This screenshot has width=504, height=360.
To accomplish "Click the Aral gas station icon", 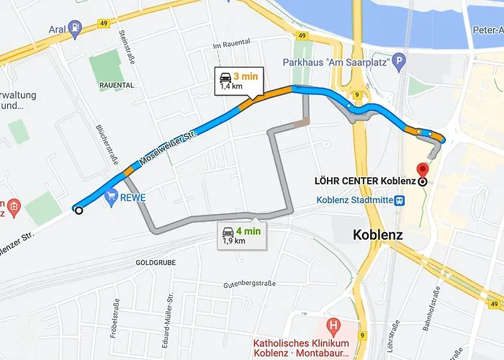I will tap(76, 28).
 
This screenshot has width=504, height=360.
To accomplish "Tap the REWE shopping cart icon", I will tap(111, 196).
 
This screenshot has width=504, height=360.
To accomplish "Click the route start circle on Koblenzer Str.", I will tap(78, 210).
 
